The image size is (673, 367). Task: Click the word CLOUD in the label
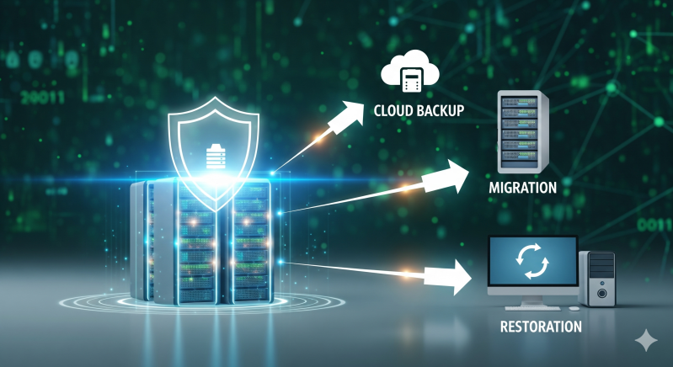(x=395, y=110)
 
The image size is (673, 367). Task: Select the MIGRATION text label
(x=522, y=187)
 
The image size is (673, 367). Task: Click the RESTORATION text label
(x=541, y=325)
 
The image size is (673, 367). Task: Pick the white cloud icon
(x=411, y=73)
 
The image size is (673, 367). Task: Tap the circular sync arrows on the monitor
(x=532, y=263)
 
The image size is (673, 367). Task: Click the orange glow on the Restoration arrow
(x=407, y=274)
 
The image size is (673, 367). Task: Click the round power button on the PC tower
(x=602, y=292)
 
